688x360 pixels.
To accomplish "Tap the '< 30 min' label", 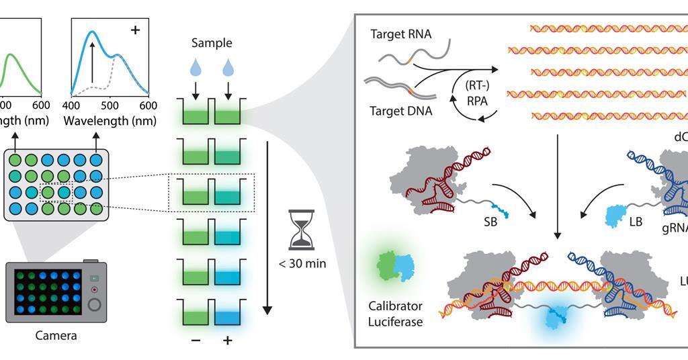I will [302, 263].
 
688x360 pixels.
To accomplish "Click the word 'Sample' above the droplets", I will [212, 43].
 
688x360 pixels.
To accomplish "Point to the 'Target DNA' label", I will [400, 111].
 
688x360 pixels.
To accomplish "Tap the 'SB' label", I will [490, 222].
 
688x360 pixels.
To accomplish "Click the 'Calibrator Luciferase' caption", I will [395, 314].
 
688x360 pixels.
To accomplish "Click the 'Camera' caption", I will [56, 335].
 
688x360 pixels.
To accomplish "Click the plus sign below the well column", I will [228, 341].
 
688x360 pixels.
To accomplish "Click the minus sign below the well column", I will [196, 341].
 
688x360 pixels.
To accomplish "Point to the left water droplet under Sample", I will [195, 67].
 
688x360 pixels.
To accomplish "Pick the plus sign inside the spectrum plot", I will [135, 30].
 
